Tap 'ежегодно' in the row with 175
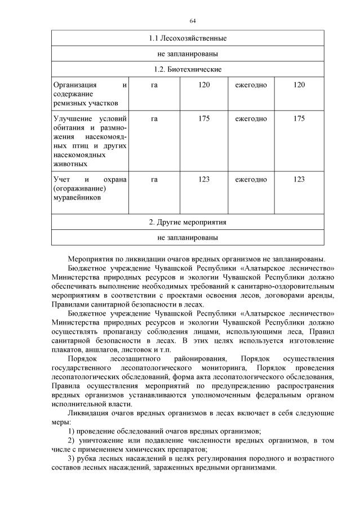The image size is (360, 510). (x=251, y=118)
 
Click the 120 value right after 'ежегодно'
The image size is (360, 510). (x=299, y=85)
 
